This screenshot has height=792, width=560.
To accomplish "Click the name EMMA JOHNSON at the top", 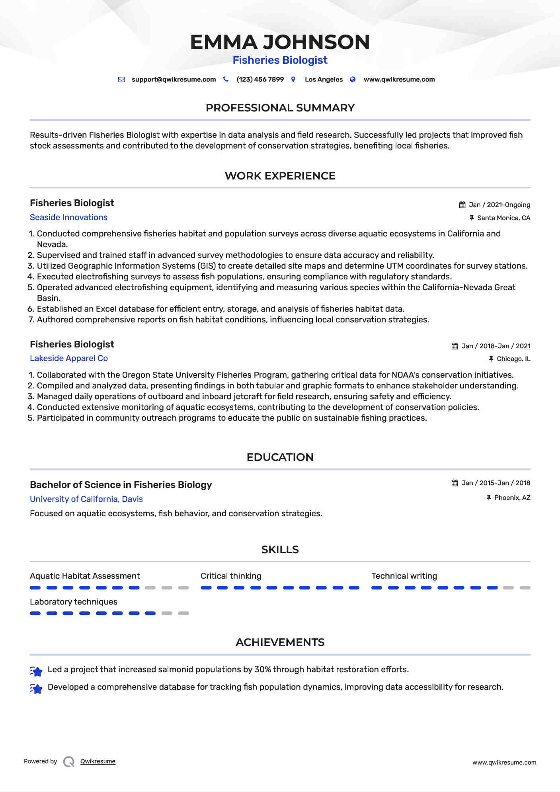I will pos(280,42).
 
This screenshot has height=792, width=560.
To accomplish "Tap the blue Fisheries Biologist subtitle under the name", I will pos(280,60).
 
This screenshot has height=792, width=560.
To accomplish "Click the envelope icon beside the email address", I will pos(121,80).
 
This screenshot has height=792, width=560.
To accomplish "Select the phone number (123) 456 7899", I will pos(260,80).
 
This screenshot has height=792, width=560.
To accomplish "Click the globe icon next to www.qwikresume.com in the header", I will pos(353,80).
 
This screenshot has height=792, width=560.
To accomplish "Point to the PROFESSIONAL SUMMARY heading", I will pos(280,108).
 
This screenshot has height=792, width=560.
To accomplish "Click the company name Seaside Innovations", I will pos(68,217).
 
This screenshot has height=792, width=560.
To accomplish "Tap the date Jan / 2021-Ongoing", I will pos(499,205).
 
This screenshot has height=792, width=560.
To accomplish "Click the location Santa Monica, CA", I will pos(503,218).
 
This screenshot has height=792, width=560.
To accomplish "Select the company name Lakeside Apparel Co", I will pos(69,358).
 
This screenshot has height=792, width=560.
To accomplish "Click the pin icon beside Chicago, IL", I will pos(491,359).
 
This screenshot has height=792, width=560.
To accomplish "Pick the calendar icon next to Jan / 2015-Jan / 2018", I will pos(455,483).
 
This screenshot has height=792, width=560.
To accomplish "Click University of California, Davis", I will pos(86,499).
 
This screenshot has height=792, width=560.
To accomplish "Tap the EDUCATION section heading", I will pos(280,457).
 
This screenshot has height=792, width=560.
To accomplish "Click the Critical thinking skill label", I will pos(231,576).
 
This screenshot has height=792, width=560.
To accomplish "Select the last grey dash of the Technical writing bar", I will pos(525,588).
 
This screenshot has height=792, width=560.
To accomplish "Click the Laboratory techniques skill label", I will pos(74,602).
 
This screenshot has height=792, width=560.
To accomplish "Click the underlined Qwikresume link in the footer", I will pos(98,761).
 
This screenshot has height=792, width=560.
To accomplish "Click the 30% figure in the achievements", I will pos(263,669).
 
